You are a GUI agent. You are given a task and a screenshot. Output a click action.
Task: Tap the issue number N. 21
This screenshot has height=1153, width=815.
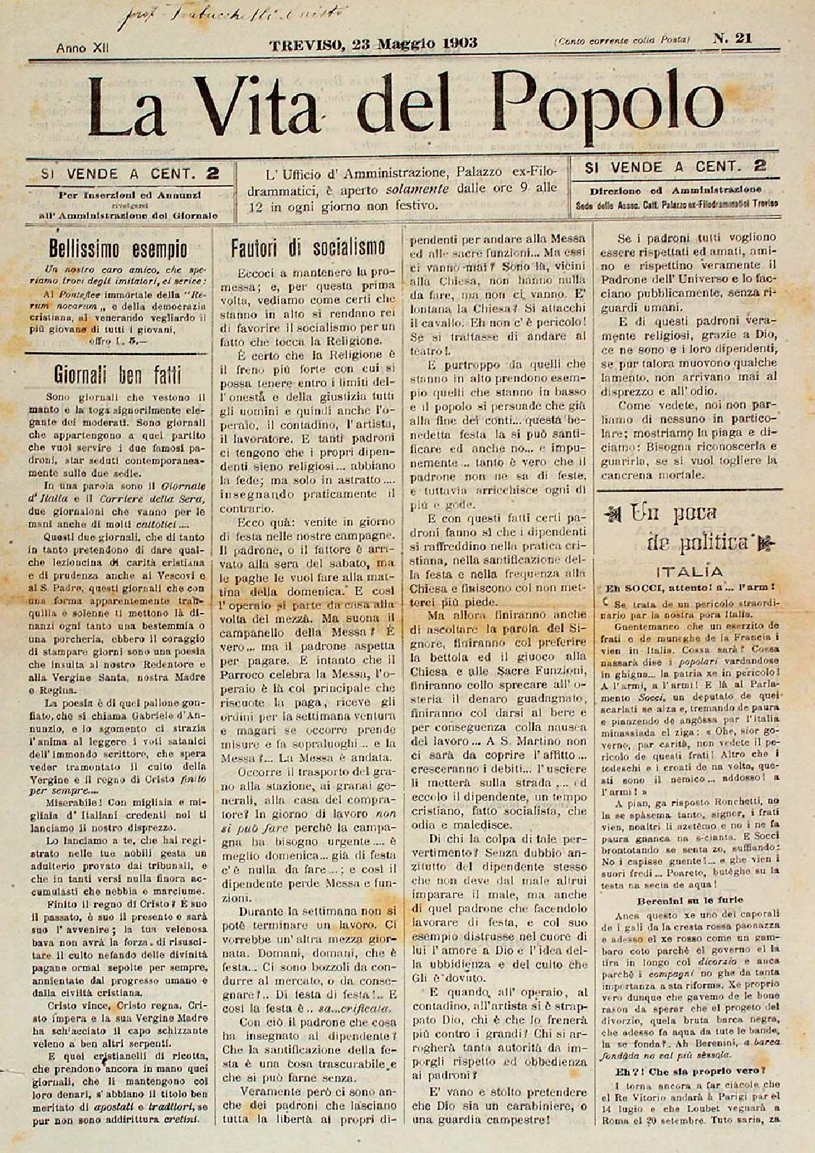click(x=731, y=39)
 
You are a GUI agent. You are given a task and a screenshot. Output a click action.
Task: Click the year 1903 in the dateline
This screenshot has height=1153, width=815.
click(x=459, y=43)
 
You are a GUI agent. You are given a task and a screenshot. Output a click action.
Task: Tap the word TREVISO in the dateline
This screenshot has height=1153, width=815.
click(x=307, y=43)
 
